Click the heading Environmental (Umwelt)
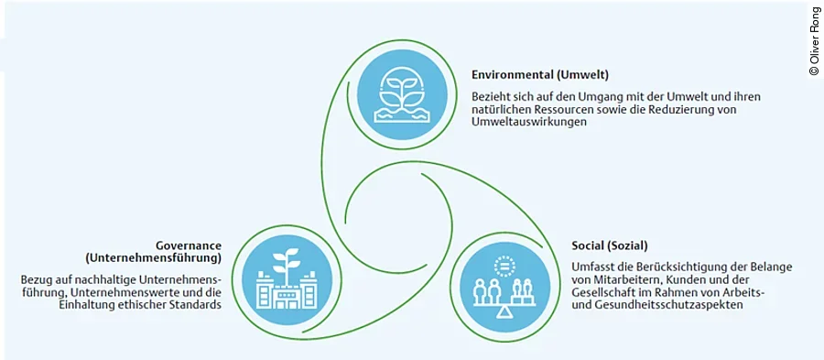tap(539, 74)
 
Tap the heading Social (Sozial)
tap(608, 245)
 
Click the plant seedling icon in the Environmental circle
tap(404, 89)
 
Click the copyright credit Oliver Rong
tap(814, 40)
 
